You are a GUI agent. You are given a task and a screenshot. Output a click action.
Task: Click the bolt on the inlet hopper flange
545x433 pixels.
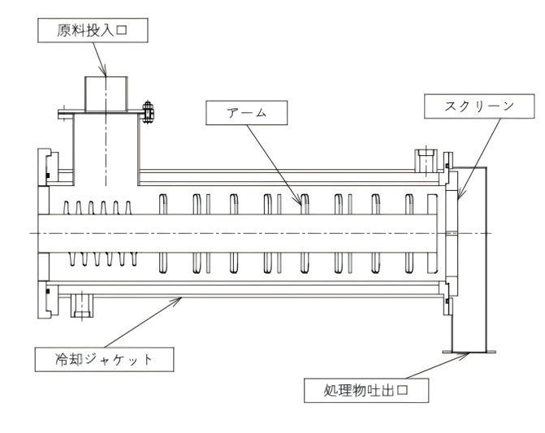point(148,110)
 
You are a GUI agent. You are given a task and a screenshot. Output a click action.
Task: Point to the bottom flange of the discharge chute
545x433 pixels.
point(469,351)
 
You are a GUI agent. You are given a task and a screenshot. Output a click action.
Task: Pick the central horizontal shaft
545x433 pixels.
point(244,233)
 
